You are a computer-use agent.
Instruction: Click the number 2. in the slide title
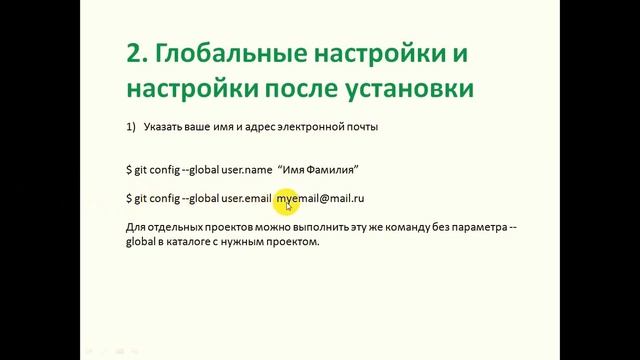pos(139,51)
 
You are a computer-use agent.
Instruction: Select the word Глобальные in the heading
pos(231,51)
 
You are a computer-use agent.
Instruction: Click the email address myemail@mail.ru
pos(320,199)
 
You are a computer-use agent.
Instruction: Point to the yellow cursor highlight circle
pos(287,201)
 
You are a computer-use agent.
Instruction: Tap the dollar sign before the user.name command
pos(129,170)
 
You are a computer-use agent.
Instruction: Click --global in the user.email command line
pos(196,199)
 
